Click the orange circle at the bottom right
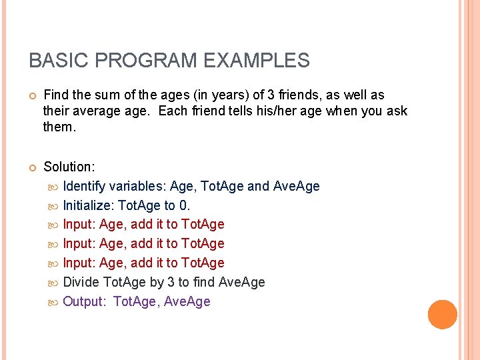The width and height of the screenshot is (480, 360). tap(443, 315)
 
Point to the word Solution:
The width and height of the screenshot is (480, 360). tap(69, 167)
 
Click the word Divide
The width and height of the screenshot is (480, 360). tap(81, 282)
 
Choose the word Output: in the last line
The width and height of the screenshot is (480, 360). tap(84, 301)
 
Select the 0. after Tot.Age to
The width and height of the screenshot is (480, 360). tap(185, 205)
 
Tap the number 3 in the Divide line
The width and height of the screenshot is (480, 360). tap(171, 282)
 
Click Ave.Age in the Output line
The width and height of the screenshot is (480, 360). tap(187, 301)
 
